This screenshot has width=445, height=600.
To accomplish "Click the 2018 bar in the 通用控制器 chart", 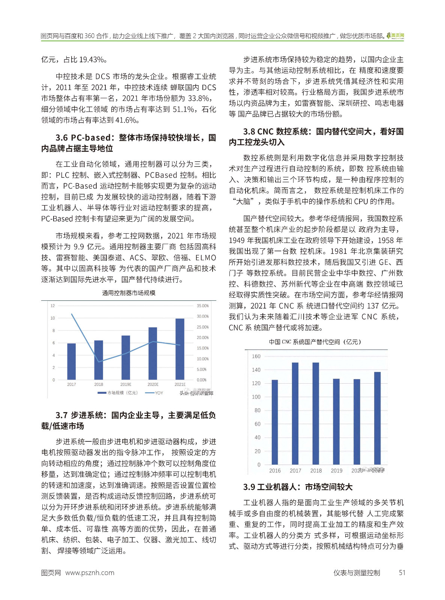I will pos(99,360).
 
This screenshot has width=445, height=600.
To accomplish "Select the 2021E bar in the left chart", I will pos(180,349).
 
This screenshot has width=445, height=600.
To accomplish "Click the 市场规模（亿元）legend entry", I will pos(118,393).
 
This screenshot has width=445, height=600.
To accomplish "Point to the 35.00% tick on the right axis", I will pos(202,306).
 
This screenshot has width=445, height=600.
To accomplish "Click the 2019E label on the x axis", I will pos(126,384).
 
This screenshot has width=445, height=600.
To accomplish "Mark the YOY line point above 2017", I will pos(72,314).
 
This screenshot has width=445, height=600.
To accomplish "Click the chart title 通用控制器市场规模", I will pos(129,293).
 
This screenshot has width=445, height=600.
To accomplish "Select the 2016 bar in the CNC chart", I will pos(275,422).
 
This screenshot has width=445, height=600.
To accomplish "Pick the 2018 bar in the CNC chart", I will pos(316,414).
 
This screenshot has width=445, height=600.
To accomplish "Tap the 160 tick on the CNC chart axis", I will pos(256,356).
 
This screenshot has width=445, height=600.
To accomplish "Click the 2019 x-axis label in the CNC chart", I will pos(336,471).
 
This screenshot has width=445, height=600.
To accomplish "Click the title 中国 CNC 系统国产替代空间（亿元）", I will pos(315,342).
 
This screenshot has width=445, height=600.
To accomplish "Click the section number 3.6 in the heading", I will pos(62,138).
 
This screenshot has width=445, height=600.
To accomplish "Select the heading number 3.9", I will pos(249,487).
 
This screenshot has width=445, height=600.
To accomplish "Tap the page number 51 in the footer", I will pos(402,573).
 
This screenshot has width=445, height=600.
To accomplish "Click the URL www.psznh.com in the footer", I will pos(90,573).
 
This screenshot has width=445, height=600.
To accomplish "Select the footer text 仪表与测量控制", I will pos(357,573).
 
